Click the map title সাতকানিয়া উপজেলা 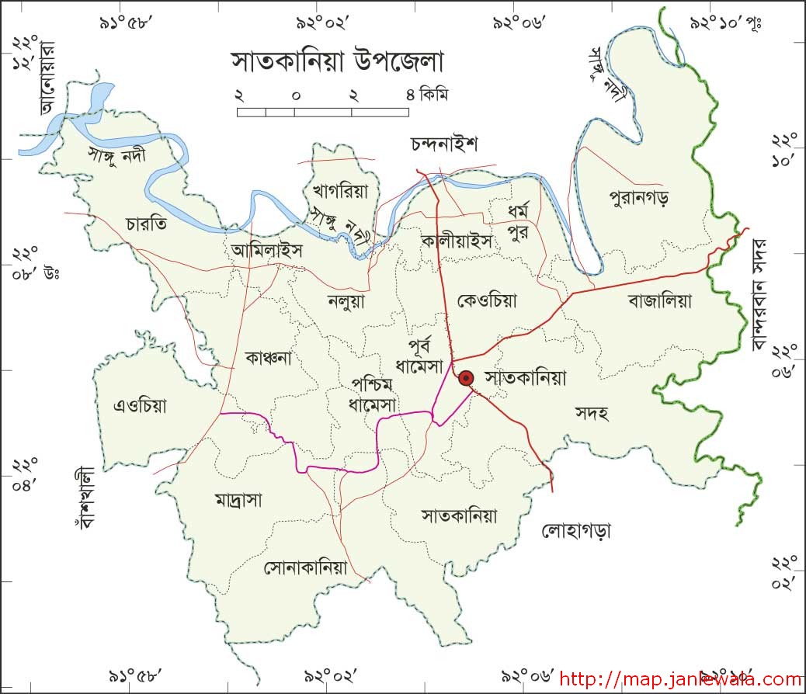pyautogui.click(x=335, y=61)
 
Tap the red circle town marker pyautogui.click(x=466, y=378)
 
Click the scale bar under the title pyautogui.click(x=323, y=112)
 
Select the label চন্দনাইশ pyautogui.click(x=444, y=144)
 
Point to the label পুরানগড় pyautogui.click(x=640, y=197)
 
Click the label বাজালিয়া pyautogui.click(x=660, y=300)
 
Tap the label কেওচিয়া pyautogui.click(x=488, y=300)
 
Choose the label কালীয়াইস pyautogui.click(x=457, y=241)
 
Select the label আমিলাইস pyautogui.click(x=266, y=251)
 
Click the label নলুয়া pyautogui.click(x=346, y=300)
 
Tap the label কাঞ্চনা pyautogui.click(x=267, y=358)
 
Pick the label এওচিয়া pyautogui.click(x=141, y=405)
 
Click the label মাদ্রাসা pyautogui.click(x=238, y=500)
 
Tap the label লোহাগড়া pyautogui.click(x=576, y=532)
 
